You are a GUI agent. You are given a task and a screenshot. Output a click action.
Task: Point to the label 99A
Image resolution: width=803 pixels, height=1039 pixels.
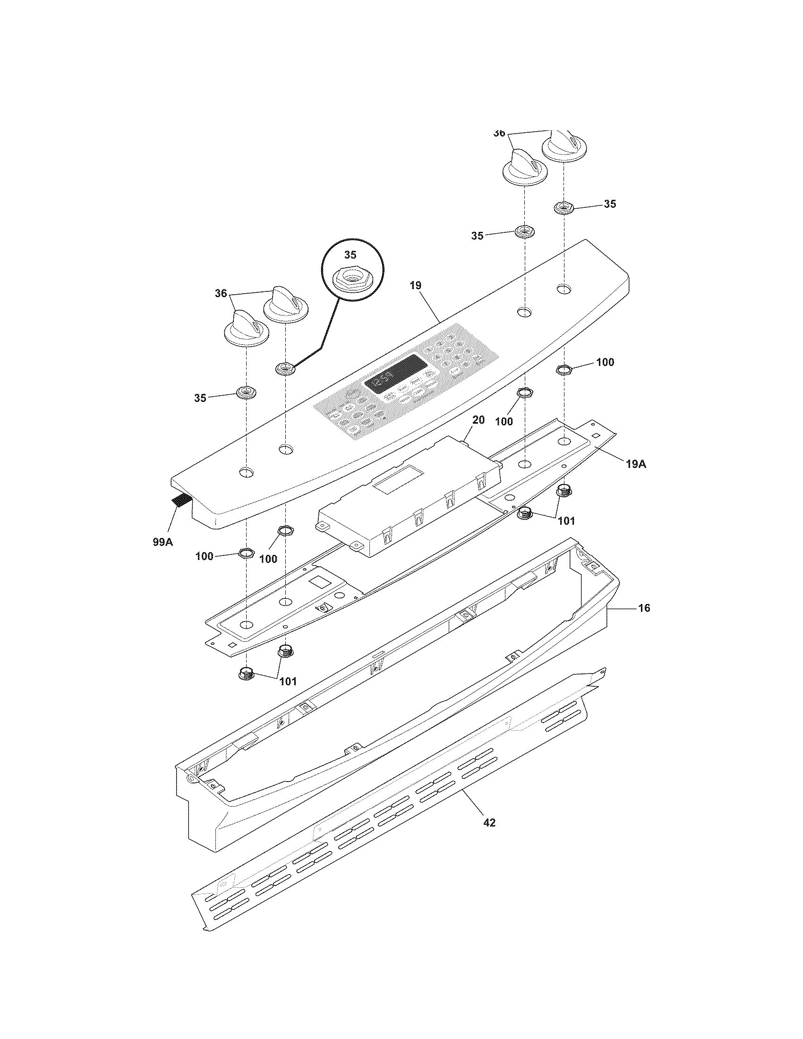[162, 541]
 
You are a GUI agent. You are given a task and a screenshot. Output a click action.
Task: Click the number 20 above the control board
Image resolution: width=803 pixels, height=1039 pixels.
[478, 419]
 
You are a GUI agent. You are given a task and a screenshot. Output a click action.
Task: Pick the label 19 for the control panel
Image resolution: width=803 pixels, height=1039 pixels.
[415, 285]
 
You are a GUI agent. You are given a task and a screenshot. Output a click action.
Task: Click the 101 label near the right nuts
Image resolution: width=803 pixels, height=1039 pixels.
[566, 520]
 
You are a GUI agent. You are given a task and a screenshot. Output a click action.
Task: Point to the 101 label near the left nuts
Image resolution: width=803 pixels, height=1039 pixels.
[287, 681]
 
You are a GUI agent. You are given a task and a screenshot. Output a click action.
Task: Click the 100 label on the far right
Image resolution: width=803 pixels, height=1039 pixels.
[605, 362]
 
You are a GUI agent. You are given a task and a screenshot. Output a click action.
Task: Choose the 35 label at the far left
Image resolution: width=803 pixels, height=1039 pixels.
[200, 398]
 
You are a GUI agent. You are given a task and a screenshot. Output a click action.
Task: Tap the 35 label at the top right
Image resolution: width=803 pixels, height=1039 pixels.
[610, 204]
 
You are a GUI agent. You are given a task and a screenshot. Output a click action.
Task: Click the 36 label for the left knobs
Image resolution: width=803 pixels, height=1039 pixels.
[221, 294]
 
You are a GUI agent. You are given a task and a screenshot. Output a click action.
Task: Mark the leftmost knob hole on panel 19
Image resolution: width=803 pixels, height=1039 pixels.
[246, 472]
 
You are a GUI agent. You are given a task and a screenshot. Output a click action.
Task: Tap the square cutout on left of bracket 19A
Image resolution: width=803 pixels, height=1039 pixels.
[317, 581]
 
